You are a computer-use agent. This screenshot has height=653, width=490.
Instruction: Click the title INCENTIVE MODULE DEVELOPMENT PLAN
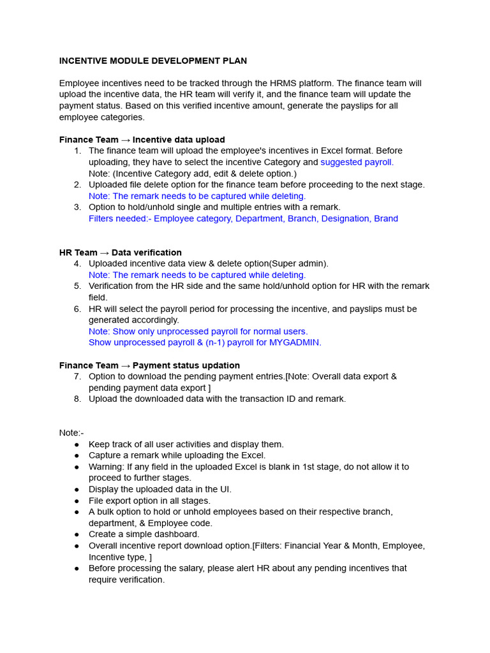pyautogui.click(x=153, y=61)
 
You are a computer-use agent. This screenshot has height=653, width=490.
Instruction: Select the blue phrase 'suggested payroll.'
pyautogui.click(x=357, y=162)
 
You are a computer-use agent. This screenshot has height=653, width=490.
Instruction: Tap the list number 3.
pyautogui.click(x=77, y=207)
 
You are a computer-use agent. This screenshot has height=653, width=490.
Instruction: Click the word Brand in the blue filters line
pyautogui.click(x=386, y=219)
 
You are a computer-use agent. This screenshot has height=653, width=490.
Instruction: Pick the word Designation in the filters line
pyautogui.click(x=345, y=219)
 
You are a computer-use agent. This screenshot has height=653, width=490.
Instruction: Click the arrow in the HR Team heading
pyautogui.click(x=104, y=253)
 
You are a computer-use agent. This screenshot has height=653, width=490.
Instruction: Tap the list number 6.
pyautogui.click(x=77, y=309)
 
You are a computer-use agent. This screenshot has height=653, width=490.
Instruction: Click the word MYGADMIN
pyautogui.click(x=295, y=342)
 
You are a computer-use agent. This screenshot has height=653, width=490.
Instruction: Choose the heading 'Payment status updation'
pyautogui.click(x=186, y=365)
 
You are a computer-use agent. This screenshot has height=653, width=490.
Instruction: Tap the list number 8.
pyautogui.click(x=77, y=399)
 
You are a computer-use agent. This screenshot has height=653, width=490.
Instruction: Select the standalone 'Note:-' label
pyautogui.click(x=71, y=433)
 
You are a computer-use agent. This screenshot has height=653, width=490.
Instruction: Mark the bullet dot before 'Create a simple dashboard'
pyautogui.click(x=77, y=534)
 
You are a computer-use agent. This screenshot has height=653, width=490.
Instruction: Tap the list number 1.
pyautogui.click(x=77, y=151)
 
